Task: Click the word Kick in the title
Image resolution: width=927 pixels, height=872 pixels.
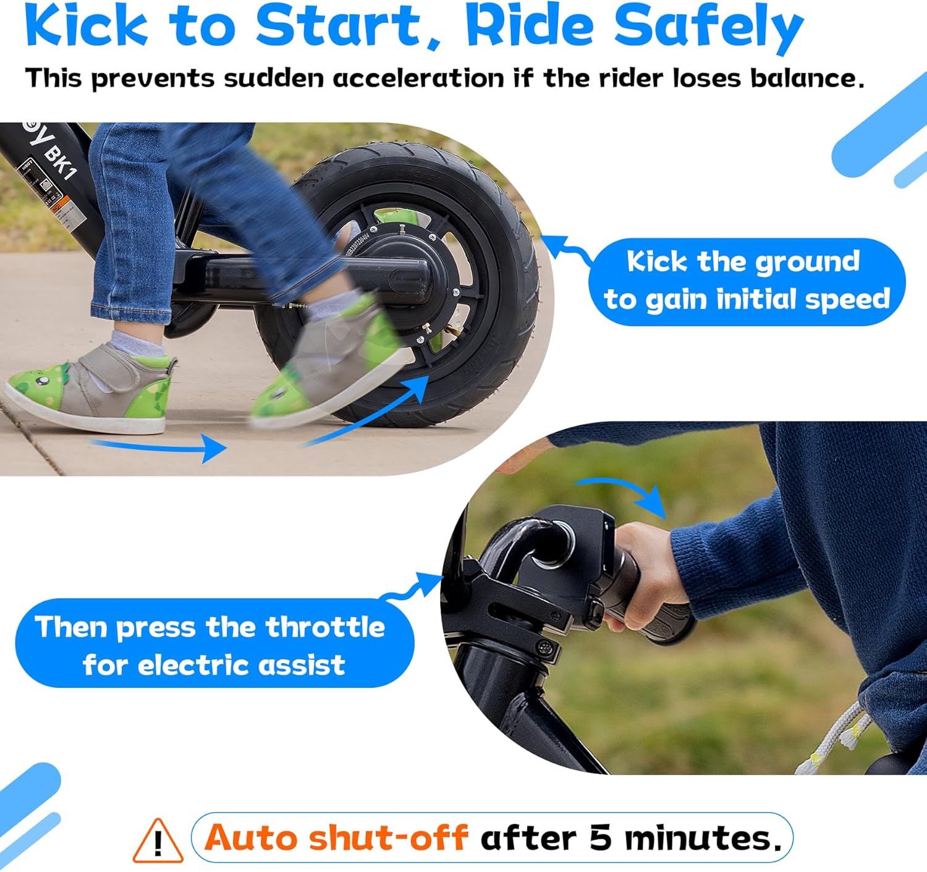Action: (87, 26)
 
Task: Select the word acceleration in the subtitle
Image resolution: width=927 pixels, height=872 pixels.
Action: (418, 79)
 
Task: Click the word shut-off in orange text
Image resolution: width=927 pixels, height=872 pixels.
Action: (387, 838)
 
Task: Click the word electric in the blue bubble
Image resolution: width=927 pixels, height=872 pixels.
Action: (195, 666)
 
